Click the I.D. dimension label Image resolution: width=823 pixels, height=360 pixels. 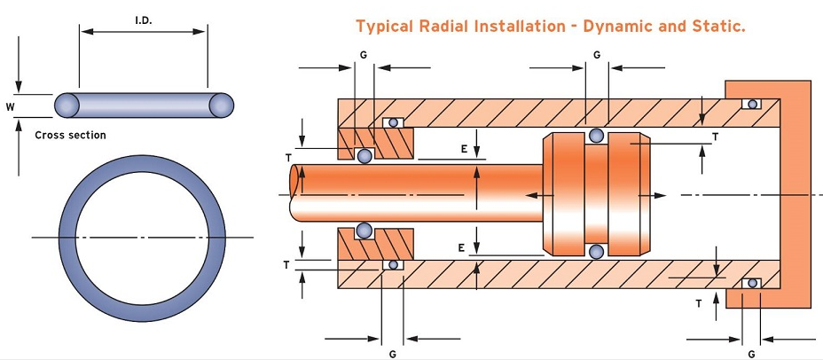point(144,19)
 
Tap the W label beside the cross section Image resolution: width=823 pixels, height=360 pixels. point(10,106)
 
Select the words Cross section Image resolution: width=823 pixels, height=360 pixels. point(70,136)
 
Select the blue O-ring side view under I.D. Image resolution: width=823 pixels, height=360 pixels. point(144,105)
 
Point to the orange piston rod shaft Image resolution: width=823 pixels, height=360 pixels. point(417,192)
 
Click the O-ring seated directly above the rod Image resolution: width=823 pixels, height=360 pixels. point(364,156)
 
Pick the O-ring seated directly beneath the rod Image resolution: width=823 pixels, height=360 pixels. point(364,231)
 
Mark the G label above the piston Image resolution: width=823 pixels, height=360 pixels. point(597,55)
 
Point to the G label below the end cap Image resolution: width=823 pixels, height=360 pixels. point(750,353)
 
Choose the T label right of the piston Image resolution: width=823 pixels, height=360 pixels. point(715,137)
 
